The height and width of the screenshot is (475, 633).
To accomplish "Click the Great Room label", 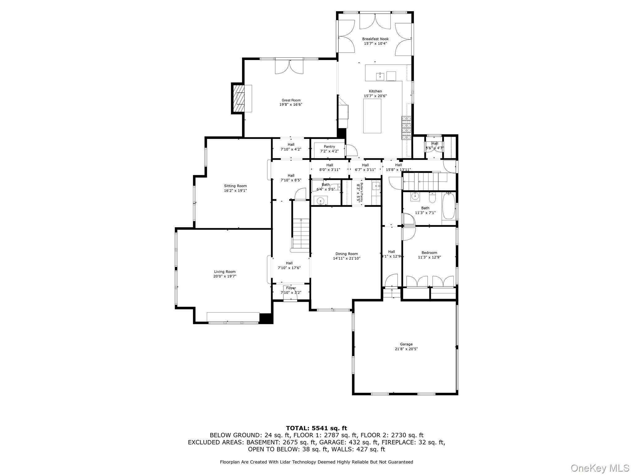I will [x=291, y=100].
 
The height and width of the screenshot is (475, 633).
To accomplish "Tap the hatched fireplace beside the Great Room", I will [x=238, y=99].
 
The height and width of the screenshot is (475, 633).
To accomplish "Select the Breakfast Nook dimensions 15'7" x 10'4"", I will [x=375, y=44].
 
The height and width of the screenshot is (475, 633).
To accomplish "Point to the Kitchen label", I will [x=375, y=91].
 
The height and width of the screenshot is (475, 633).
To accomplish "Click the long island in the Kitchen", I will [x=372, y=116].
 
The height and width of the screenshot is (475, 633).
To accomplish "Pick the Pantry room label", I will [x=329, y=147].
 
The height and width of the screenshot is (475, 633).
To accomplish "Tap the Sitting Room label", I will [x=235, y=186].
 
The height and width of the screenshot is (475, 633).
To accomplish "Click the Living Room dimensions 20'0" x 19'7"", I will [x=225, y=276].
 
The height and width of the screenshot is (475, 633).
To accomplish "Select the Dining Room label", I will [x=346, y=254].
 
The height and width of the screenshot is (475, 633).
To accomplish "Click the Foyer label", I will [x=291, y=288].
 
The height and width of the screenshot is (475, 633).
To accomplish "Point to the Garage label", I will [x=406, y=344].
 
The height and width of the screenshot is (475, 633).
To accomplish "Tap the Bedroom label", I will [x=429, y=253].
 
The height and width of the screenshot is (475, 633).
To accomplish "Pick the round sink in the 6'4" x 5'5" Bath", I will [x=321, y=200].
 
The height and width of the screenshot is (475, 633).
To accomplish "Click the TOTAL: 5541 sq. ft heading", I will [x=316, y=428].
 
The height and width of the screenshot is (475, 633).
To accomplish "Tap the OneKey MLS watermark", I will [x=600, y=468].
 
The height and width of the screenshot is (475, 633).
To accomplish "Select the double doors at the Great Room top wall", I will [x=289, y=67].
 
